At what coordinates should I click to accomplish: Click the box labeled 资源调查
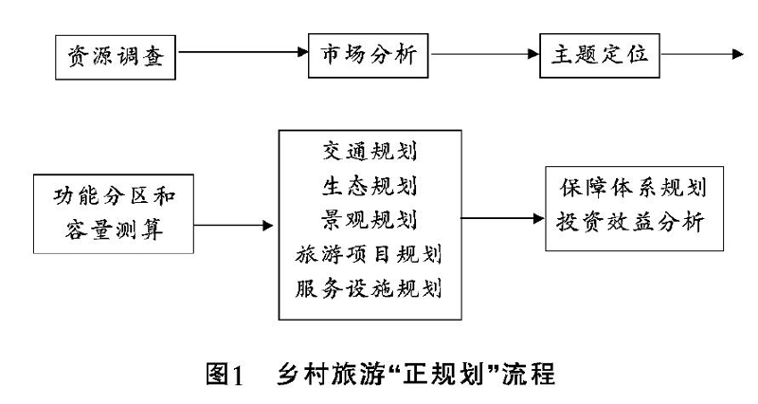pos(115,57)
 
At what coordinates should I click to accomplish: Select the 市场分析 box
pos(368,55)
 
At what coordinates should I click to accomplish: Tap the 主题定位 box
pos(600,55)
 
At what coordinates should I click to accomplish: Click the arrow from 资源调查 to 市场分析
pos(242,52)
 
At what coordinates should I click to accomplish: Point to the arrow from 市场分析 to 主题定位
pos(484,54)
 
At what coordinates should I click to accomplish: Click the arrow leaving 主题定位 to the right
pos(702,54)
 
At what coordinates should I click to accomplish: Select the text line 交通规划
pos(370,152)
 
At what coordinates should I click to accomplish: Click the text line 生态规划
pos(370,186)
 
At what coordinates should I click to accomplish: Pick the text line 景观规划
pos(370,220)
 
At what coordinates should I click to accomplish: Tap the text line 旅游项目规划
pos(369,254)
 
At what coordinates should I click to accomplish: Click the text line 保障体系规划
pos(633,188)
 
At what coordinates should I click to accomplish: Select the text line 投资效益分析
pos(630,223)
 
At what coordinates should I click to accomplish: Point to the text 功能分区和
pos(114,196)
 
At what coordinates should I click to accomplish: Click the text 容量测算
pos(114,230)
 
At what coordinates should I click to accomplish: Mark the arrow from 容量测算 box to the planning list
pos(233,225)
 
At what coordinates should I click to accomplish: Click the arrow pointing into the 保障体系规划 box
pos(503,218)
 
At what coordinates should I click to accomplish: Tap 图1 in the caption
pos(225,374)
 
